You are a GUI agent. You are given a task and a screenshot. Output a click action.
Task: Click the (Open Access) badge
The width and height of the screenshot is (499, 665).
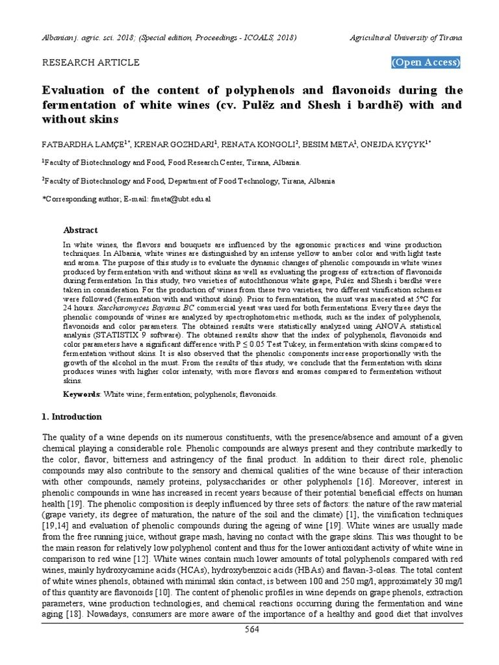[426, 63]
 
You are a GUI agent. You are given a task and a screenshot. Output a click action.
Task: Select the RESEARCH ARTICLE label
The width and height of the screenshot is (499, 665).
[90, 63]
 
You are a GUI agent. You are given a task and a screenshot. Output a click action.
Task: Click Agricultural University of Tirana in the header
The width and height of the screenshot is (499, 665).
[405, 38]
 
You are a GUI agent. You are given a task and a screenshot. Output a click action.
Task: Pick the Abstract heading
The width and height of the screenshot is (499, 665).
[80, 230]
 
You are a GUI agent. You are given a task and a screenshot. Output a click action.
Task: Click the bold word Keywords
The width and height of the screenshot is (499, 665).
[81, 394]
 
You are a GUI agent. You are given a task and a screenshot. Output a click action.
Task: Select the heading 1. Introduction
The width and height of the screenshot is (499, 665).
[71, 416]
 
